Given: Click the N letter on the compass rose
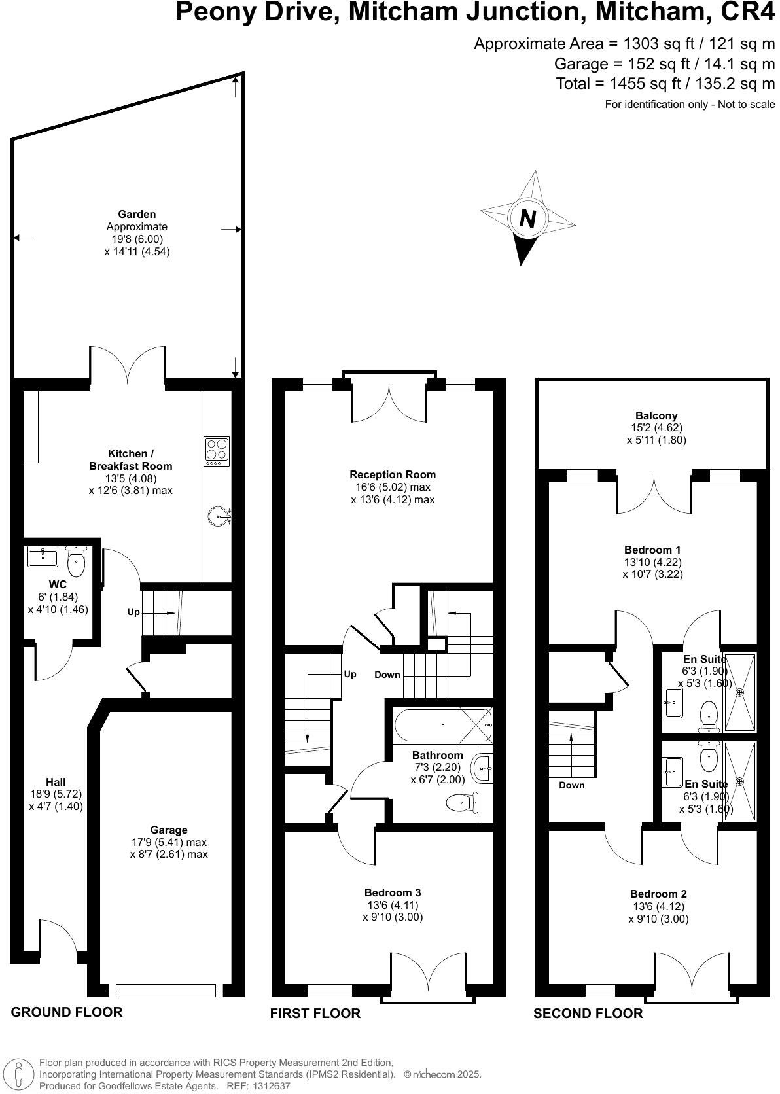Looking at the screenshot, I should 527,218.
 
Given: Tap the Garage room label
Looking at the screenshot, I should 168,830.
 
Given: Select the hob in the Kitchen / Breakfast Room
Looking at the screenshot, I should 217,451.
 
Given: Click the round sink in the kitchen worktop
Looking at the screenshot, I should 219,517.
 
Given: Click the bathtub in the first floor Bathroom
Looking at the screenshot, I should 443,725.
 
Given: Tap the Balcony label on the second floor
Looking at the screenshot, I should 656,415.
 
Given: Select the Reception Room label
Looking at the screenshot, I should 393,474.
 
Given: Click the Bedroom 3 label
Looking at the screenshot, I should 393,892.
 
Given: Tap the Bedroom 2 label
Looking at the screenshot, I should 658,894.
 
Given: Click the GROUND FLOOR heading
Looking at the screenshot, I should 67,1012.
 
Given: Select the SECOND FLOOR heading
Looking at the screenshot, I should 588,1014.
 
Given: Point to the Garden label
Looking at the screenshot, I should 137,214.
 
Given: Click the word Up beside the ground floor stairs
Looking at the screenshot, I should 133,612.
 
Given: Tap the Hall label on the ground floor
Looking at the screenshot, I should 56,782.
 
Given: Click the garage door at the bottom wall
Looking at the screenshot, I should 166,990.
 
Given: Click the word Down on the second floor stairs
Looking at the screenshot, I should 572,785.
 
